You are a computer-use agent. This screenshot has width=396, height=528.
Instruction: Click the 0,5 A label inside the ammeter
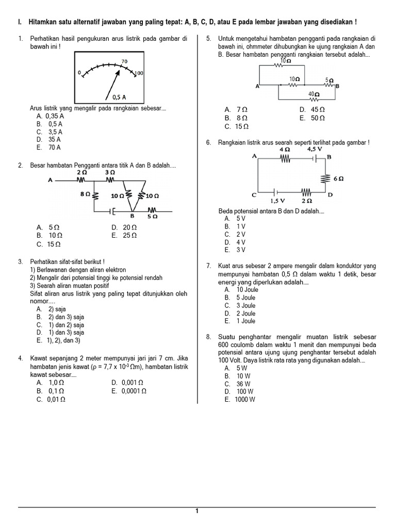(x=119, y=97)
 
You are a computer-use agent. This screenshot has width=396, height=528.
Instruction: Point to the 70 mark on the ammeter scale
(x=124, y=61)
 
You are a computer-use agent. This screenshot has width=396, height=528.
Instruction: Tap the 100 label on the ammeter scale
(x=139, y=74)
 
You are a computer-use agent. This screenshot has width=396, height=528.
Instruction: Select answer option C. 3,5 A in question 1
(x=49, y=132)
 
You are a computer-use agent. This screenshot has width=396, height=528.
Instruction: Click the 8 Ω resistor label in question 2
(x=86, y=194)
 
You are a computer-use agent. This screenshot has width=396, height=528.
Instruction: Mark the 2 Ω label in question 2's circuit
(x=81, y=172)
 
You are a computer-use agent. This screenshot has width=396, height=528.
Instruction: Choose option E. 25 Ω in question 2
(x=124, y=235)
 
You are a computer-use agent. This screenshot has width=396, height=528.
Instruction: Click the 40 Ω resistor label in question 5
(x=313, y=94)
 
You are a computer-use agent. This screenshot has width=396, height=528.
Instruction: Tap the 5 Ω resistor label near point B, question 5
(x=329, y=80)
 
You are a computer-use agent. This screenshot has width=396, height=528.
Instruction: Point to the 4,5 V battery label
(x=315, y=149)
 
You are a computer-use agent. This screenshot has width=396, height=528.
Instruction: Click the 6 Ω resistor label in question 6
(x=339, y=178)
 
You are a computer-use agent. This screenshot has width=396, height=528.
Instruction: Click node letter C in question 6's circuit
(x=254, y=195)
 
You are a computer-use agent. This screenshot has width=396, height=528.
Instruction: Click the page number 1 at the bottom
(x=197, y=511)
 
